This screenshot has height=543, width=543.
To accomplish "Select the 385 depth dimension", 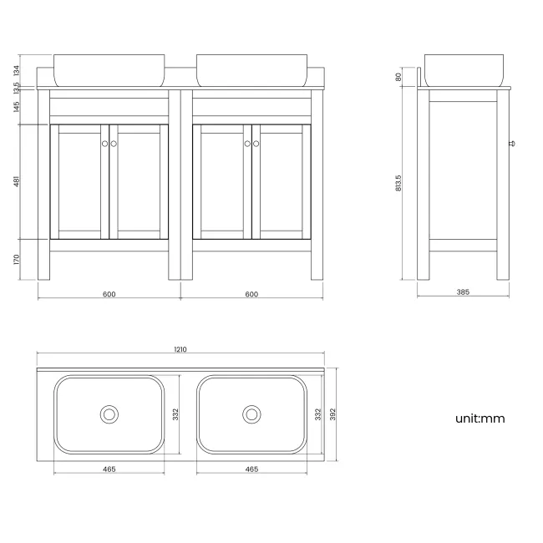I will point(464,293).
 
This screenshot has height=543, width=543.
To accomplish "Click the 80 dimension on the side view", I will point(399,77).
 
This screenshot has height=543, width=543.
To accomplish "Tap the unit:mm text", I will point(480,419).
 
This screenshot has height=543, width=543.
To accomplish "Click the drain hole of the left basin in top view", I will point(109,414).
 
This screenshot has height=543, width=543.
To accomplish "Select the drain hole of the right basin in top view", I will point(251,414).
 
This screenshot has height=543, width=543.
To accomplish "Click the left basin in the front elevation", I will point(109,70).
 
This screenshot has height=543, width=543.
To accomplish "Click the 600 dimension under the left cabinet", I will point(109,293).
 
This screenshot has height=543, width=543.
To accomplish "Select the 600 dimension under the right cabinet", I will point(251,293).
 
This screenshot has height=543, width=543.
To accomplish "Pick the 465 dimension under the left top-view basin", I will point(109,469).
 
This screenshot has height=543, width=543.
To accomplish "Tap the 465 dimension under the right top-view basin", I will point(251,469).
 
